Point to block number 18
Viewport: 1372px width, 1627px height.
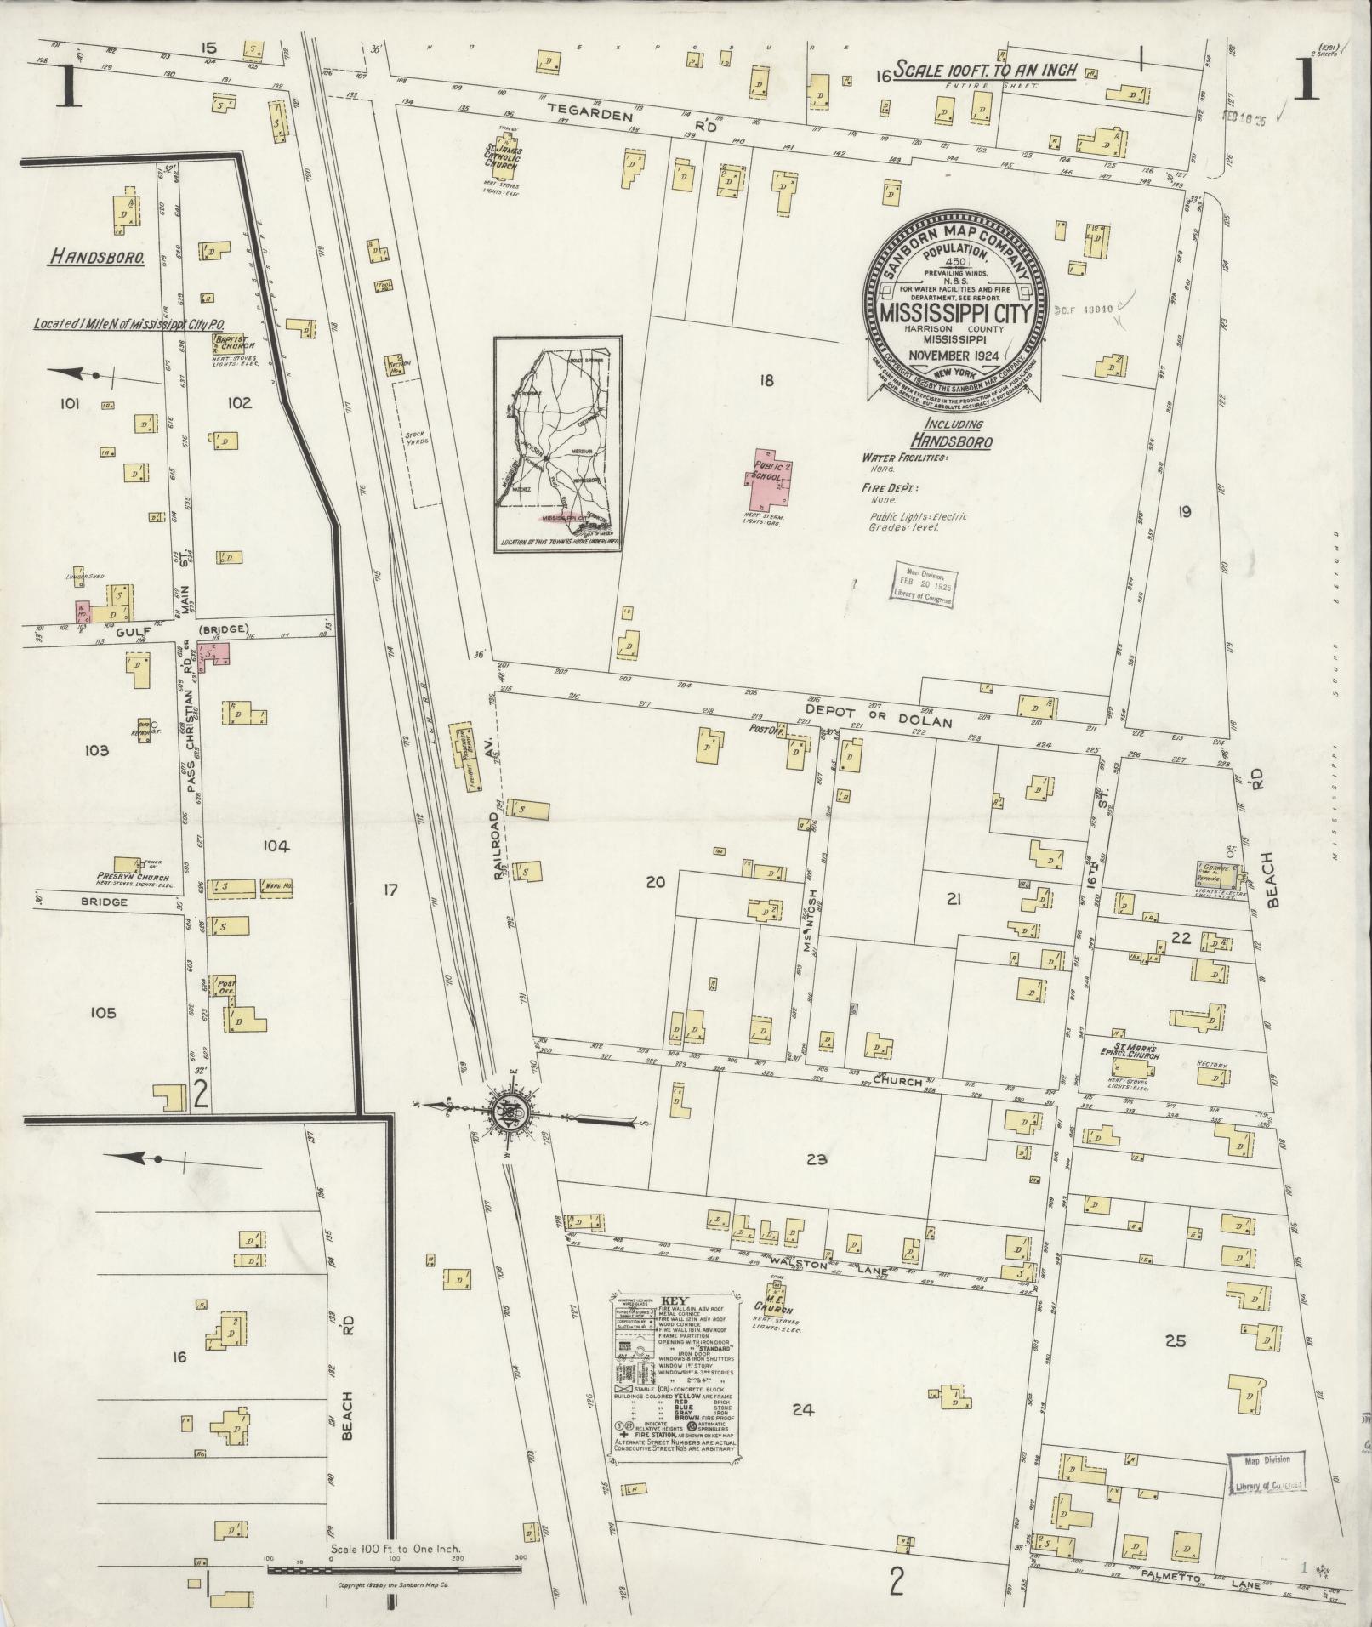pos(766,380)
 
